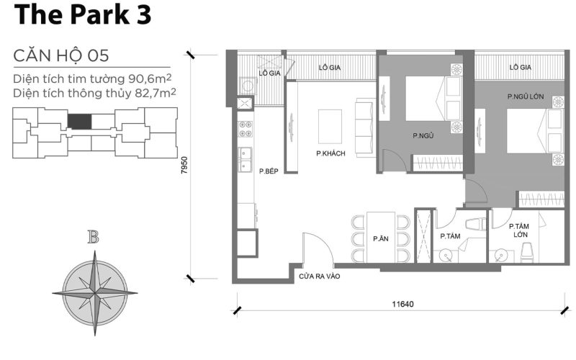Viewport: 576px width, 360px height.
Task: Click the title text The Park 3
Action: click(x=82, y=16)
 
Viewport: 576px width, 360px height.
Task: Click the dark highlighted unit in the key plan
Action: click(x=80, y=121)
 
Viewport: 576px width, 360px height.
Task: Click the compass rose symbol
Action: click(x=94, y=292)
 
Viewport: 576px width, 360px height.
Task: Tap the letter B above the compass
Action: click(x=93, y=238)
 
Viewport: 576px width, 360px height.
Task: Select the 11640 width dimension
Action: click(x=400, y=304)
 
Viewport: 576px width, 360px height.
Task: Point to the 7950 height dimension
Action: click(x=185, y=167)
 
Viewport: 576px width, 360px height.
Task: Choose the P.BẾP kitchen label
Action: click(x=269, y=171)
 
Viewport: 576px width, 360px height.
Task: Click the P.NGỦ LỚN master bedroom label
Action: click(x=525, y=96)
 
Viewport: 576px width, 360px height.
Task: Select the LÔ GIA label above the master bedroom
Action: click(x=520, y=67)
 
